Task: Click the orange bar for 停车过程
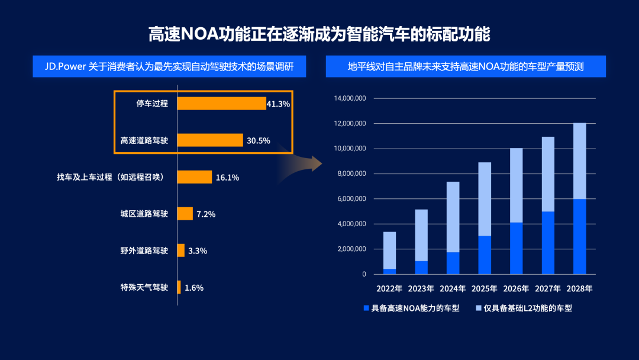click(221, 104)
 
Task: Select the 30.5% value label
click(259, 141)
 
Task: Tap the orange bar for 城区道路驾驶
click(185, 214)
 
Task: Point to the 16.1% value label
click(228, 178)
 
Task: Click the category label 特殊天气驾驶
click(144, 288)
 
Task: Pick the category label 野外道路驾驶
click(144, 251)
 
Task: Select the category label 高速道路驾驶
click(144, 141)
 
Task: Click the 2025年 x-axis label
click(484, 290)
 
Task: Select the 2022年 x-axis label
click(389, 290)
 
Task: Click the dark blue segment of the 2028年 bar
click(579, 237)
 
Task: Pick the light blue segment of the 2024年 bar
click(453, 217)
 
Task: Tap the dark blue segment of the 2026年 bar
click(516, 249)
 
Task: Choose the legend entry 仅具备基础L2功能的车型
click(527, 308)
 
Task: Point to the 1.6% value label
click(194, 288)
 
